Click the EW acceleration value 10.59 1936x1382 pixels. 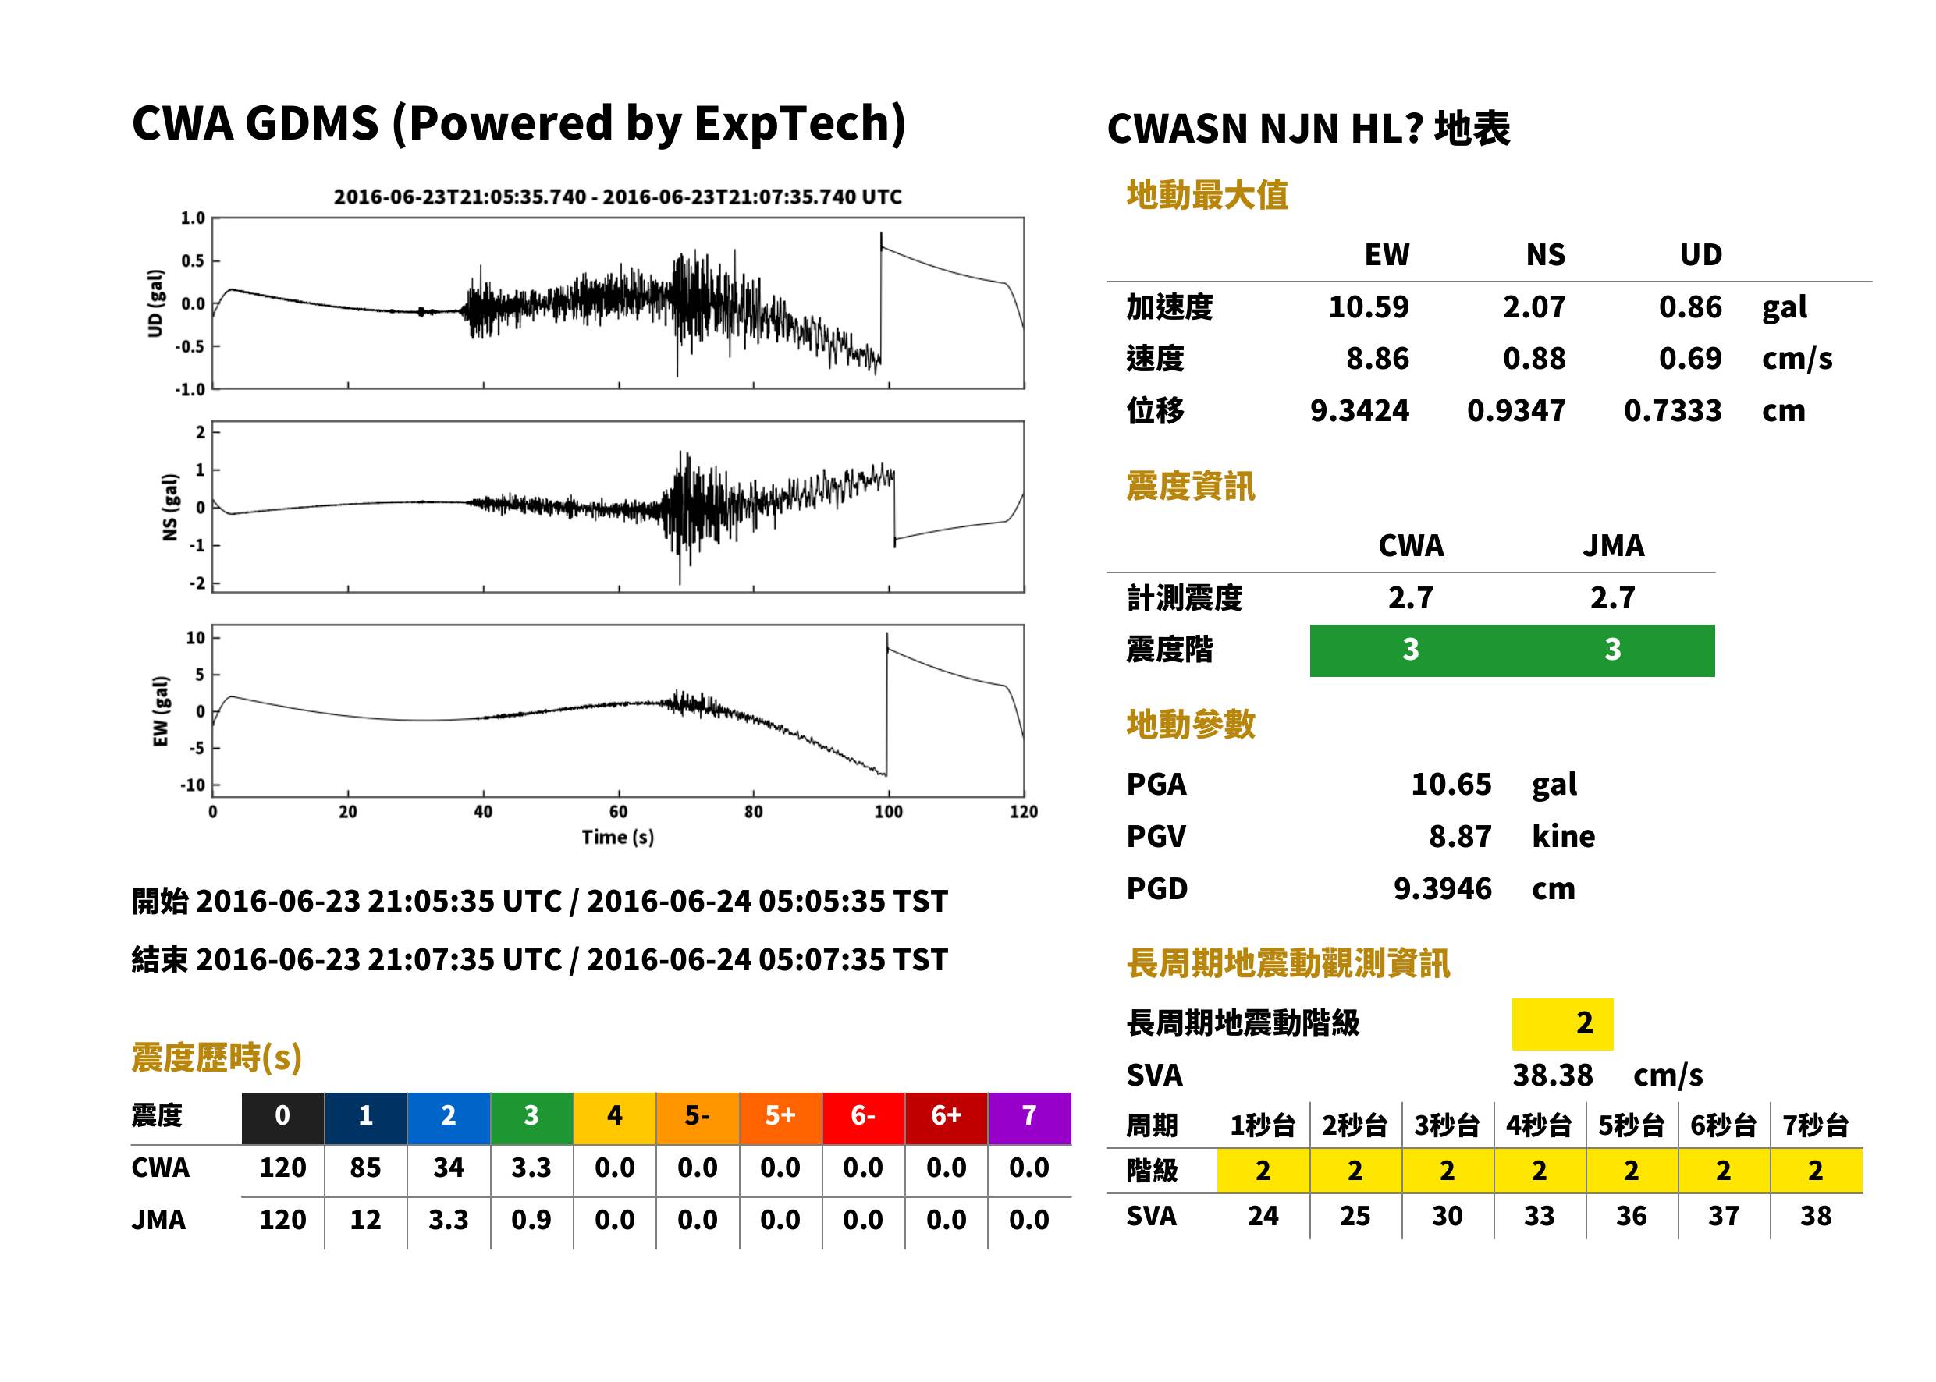(x=1368, y=307)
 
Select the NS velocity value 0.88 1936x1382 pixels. (x=1533, y=358)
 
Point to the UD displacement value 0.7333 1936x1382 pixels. (x=1672, y=410)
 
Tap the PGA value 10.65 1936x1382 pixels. (x=1451, y=784)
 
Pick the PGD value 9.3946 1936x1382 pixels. (x=1442, y=888)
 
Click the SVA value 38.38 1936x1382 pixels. (x=1552, y=1075)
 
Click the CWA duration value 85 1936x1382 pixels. (x=365, y=1168)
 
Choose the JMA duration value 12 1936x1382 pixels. (x=365, y=1220)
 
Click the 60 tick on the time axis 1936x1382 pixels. (x=618, y=812)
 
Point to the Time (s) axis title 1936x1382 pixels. (x=618, y=838)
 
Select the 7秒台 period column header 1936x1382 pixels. (x=1815, y=1125)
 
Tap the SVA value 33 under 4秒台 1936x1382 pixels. (x=1538, y=1216)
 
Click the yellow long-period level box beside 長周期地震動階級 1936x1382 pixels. (x=1562, y=1024)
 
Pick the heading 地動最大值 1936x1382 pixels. (x=1207, y=195)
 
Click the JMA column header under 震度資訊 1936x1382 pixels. (x=1614, y=545)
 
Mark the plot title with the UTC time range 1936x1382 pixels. (x=618, y=197)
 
